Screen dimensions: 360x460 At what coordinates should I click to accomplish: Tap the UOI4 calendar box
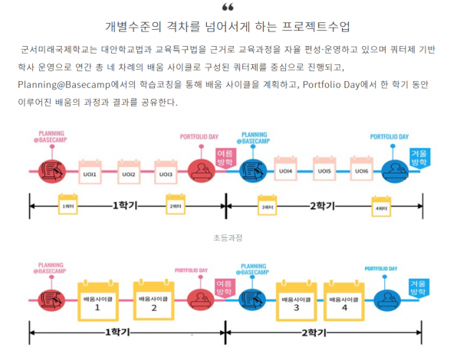[x=286, y=169]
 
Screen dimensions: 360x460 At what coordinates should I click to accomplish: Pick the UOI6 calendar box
[x=361, y=169]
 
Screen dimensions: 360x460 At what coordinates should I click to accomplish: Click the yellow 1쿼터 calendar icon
[x=68, y=205]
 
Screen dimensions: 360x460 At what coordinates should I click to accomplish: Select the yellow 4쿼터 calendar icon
[x=381, y=205]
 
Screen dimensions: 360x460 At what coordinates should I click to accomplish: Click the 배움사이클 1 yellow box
[x=97, y=301]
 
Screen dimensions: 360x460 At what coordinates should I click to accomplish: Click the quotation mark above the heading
[x=228, y=8]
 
